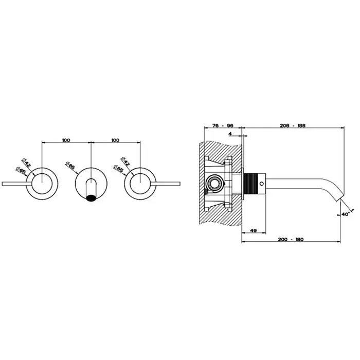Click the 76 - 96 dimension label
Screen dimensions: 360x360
pyautogui.click(x=223, y=125)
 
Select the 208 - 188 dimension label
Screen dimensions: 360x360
pyautogui.click(x=293, y=125)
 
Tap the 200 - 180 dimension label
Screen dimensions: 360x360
pyautogui.click(x=291, y=239)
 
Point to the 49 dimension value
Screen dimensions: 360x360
pyautogui.click(x=253, y=230)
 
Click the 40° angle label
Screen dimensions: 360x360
pyautogui.click(x=345, y=214)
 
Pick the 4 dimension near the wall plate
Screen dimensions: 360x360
pyautogui.click(x=230, y=134)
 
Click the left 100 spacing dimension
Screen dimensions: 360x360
pyautogui.click(x=66, y=140)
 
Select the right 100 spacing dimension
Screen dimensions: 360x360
pyautogui.click(x=115, y=140)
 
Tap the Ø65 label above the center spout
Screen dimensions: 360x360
pyautogui.click(x=70, y=165)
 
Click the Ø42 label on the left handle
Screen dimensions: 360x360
pyautogui.click(x=26, y=163)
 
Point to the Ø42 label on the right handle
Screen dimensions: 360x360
pyautogui.click(x=125, y=161)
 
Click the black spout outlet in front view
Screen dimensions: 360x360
pyautogui.click(x=91, y=198)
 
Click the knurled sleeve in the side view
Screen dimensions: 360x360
pyautogui.click(x=249, y=184)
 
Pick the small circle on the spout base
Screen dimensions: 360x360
pyautogui.click(x=261, y=184)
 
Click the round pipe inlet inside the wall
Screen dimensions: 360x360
pyautogui.click(x=214, y=184)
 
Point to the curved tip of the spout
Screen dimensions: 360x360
pyautogui.click(x=340, y=197)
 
